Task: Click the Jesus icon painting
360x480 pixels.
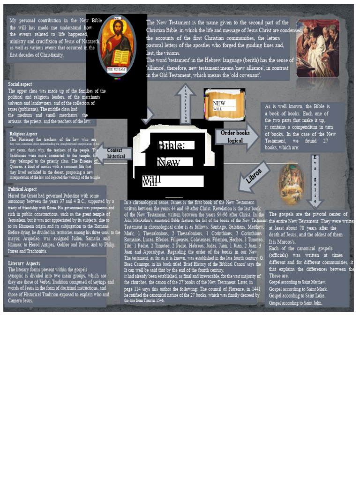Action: point(117,45)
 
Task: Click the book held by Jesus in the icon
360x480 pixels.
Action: point(120,57)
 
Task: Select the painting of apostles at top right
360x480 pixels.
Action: point(317,47)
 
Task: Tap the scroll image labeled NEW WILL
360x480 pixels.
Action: point(224,105)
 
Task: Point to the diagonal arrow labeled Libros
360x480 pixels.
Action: point(254,177)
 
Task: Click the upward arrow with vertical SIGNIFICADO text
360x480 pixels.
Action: point(186,104)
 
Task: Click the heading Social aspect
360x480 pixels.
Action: point(20,84)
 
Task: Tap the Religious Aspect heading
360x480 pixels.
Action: point(23,134)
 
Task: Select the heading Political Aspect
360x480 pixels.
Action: point(22,189)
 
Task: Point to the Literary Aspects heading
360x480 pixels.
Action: point(24,263)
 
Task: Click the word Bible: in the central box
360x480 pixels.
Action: point(171,146)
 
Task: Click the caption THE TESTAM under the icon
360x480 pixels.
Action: point(117,69)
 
